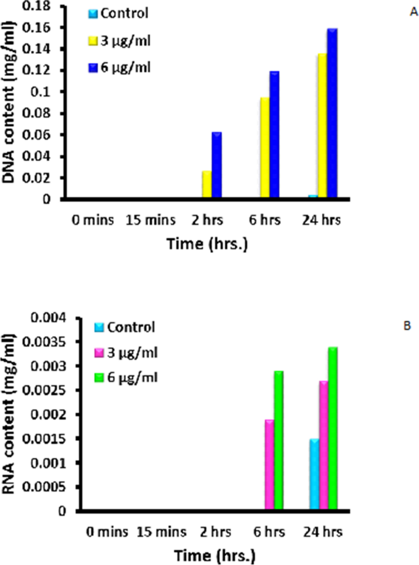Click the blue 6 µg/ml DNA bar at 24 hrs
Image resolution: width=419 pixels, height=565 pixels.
coord(332,114)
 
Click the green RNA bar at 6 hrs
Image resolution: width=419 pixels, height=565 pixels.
coord(279,440)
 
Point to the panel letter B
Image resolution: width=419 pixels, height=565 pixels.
coord(406,325)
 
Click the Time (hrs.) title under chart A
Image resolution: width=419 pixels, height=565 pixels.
coord(209,243)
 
